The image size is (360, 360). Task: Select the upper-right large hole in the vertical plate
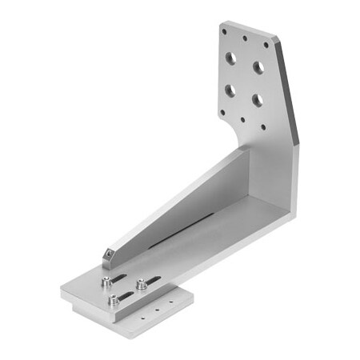coord(258,67)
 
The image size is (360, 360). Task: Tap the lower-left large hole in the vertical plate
coord(230,90)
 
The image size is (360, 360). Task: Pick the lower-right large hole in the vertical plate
coord(256,100)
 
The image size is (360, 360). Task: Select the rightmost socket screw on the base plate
coord(141,282)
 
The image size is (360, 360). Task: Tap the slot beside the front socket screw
coord(126,296)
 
